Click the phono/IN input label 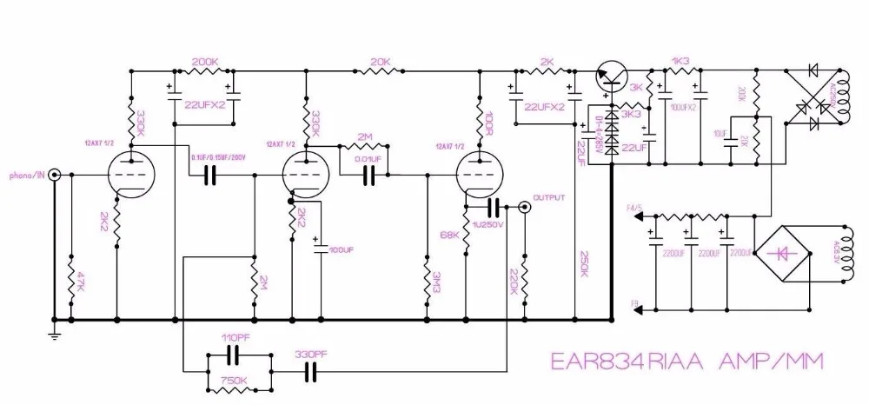click(27, 174)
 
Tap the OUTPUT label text click(549, 197)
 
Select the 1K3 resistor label click(680, 61)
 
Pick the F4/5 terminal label click(634, 208)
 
